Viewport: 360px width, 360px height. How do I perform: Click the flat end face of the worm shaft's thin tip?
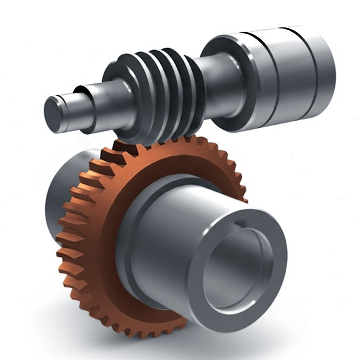tap(54, 114)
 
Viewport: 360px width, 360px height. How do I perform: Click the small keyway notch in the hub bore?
tap(240, 225)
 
